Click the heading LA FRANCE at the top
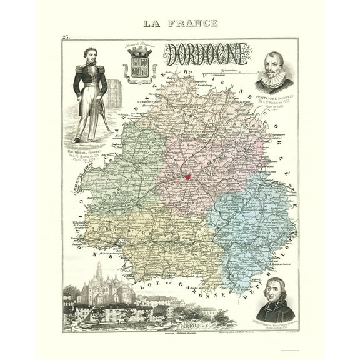tap(181, 23)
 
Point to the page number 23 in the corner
tap(66, 38)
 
